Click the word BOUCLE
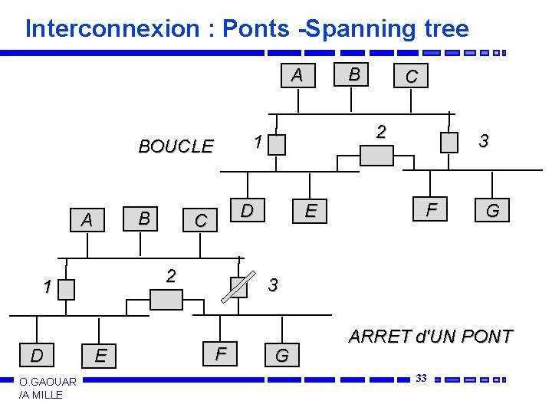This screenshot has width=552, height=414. click(x=176, y=146)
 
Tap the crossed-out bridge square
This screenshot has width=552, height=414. click(x=239, y=286)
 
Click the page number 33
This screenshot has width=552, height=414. click(x=421, y=378)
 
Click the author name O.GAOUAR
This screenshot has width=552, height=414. click(x=48, y=382)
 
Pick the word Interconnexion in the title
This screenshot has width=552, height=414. click(x=112, y=29)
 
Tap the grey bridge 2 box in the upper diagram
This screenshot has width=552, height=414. click(x=376, y=155)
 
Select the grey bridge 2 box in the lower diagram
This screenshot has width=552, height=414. click(x=166, y=299)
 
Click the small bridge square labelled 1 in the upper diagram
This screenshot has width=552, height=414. click(x=278, y=143)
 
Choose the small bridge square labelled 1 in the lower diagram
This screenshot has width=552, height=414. click(x=67, y=289)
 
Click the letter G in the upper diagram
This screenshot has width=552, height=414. click(x=492, y=211)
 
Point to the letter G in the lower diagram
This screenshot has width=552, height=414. click(x=282, y=356)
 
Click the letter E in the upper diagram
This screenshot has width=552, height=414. click(x=310, y=211)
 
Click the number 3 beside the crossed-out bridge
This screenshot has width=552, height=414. click(x=273, y=285)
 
